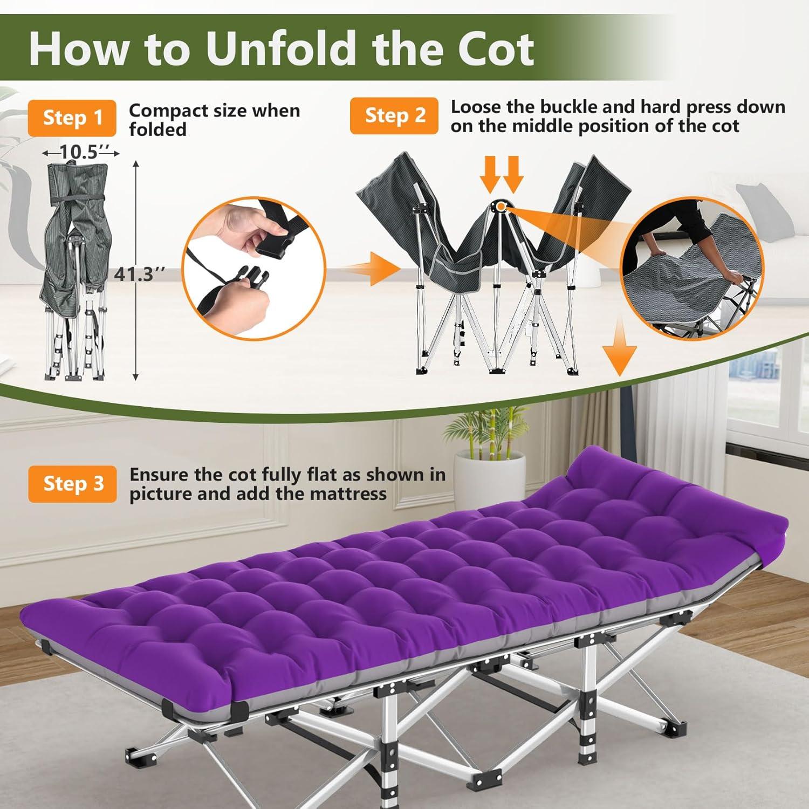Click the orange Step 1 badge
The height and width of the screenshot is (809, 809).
pyautogui.click(x=72, y=118)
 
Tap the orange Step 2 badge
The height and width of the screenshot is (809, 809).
pyautogui.click(x=394, y=115)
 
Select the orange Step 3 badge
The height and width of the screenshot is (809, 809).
pyautogui.click(x=72, y=484)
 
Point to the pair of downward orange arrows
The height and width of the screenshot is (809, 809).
pyautogui.click(x=502, y=174)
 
